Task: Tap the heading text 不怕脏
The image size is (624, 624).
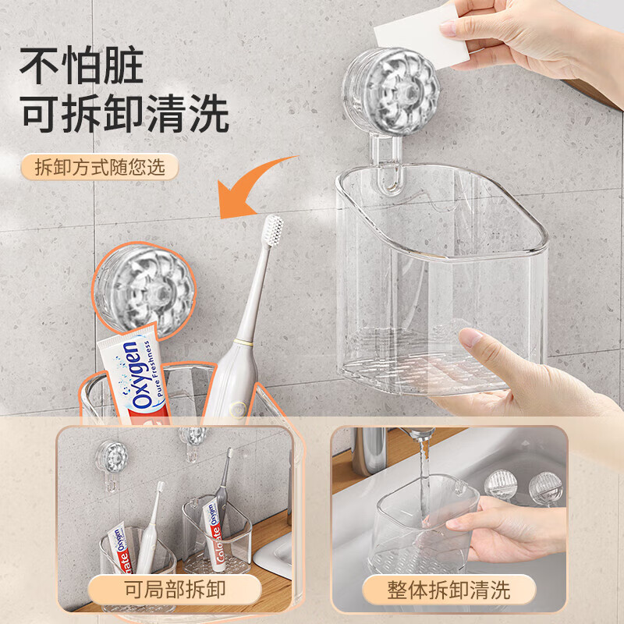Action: (82, 65)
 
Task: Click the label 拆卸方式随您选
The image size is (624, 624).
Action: (100, 167)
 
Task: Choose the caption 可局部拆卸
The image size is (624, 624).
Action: (175, 590)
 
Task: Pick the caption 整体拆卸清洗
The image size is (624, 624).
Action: (448, 590)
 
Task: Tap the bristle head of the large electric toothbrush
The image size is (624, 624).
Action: (273, 230)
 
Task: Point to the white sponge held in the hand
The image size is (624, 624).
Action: (421, 36)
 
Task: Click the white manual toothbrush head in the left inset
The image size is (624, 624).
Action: (160, 487)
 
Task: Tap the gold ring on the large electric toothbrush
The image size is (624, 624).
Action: (243, 342)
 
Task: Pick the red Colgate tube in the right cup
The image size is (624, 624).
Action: (213, 534)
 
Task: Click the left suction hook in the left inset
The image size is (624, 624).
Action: (112, 466)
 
